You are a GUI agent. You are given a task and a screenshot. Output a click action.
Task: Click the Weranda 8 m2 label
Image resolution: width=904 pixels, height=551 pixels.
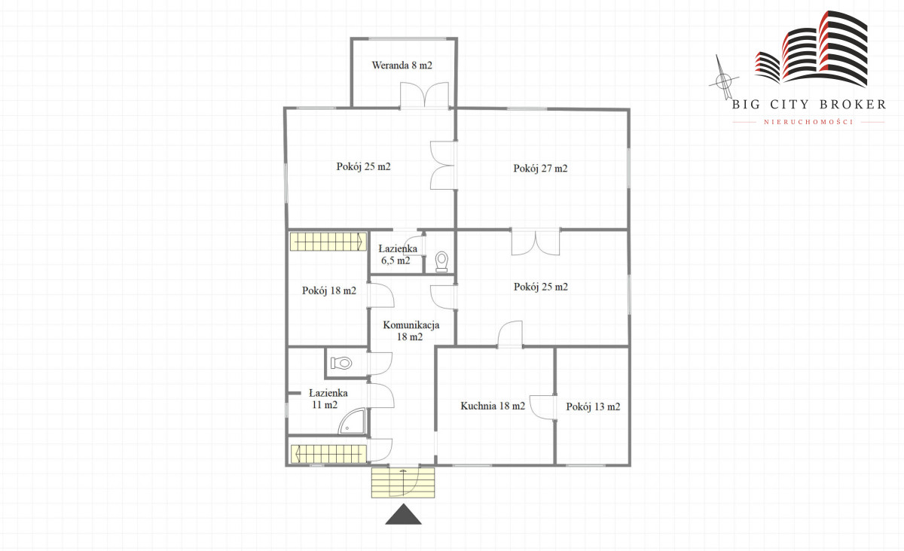coord(402,65)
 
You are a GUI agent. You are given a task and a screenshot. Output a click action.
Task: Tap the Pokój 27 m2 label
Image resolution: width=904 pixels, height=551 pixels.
coord(540,168)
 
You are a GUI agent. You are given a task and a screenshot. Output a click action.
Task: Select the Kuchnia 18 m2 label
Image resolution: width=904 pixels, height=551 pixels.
coord(493,406)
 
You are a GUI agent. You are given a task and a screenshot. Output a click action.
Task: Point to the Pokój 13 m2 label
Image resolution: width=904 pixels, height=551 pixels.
coord(593,406)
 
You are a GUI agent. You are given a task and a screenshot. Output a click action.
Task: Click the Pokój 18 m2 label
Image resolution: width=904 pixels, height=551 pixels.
coord(329,291)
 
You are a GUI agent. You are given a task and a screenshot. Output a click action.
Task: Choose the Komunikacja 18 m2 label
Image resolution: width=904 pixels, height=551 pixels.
coord(411,330)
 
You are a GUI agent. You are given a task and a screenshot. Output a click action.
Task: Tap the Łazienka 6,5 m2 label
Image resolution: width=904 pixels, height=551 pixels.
coord(397,254)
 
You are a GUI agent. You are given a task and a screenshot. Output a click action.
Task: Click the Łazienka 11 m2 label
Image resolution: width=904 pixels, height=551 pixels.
coord(328,398)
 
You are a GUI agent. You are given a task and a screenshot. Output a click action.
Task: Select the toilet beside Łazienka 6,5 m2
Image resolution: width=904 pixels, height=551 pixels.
coord(441,262)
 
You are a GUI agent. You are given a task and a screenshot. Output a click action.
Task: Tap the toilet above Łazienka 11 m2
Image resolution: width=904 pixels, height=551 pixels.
coord(341,363)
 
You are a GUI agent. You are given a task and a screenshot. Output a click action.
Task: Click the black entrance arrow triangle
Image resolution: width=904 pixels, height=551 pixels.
coord(403,514)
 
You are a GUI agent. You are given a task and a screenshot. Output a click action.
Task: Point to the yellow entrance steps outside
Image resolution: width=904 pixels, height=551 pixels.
coord(403,483)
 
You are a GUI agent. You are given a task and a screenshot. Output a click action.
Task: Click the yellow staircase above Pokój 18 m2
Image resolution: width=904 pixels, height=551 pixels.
coord(328,242)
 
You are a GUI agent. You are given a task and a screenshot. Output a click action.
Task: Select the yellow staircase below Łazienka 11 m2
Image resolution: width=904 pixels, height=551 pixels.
coord(328,454)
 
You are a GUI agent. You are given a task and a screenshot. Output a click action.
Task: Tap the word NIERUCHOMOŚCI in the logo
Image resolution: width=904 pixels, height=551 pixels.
coord(808,122)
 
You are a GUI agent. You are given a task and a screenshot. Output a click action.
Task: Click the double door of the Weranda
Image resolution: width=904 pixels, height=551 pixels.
coord(424,95)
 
